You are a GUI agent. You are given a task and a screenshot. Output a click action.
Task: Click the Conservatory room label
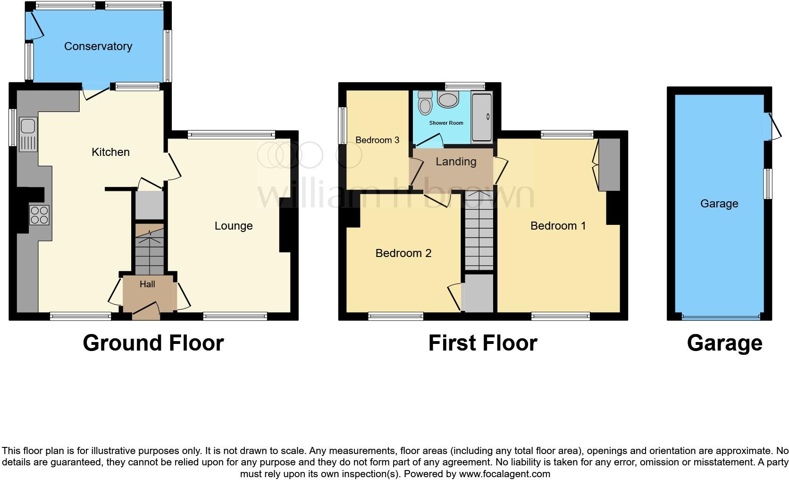click(x=98, y=46)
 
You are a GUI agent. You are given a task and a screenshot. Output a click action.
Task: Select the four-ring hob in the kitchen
click(x=39, y=215)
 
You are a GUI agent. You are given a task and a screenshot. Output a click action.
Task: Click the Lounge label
click(x=234, y=226)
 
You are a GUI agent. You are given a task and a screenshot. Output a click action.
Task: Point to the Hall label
click(x=147, y=284)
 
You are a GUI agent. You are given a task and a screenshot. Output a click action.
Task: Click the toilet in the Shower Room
click(x=425, y=103)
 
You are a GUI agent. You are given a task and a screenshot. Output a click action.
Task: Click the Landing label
click(x=456, y=162)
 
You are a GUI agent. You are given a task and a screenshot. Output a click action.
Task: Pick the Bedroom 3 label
click(x=377, y=140)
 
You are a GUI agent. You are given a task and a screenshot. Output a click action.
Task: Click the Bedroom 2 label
click(x=403, y=253)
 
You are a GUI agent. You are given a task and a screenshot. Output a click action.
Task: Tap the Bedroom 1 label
click(x=558, y=226)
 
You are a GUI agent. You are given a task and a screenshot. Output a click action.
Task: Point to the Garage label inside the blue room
click(x=719, y=204)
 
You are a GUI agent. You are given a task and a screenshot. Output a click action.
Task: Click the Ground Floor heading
click(x=153, y=343)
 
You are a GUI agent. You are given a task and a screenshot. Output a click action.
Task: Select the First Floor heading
click(x=482, y=343)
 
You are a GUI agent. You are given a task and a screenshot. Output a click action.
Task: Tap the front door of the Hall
click(x=146, y=310)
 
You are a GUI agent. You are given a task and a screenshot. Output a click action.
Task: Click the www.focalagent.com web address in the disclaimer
click(x=504, y=474)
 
